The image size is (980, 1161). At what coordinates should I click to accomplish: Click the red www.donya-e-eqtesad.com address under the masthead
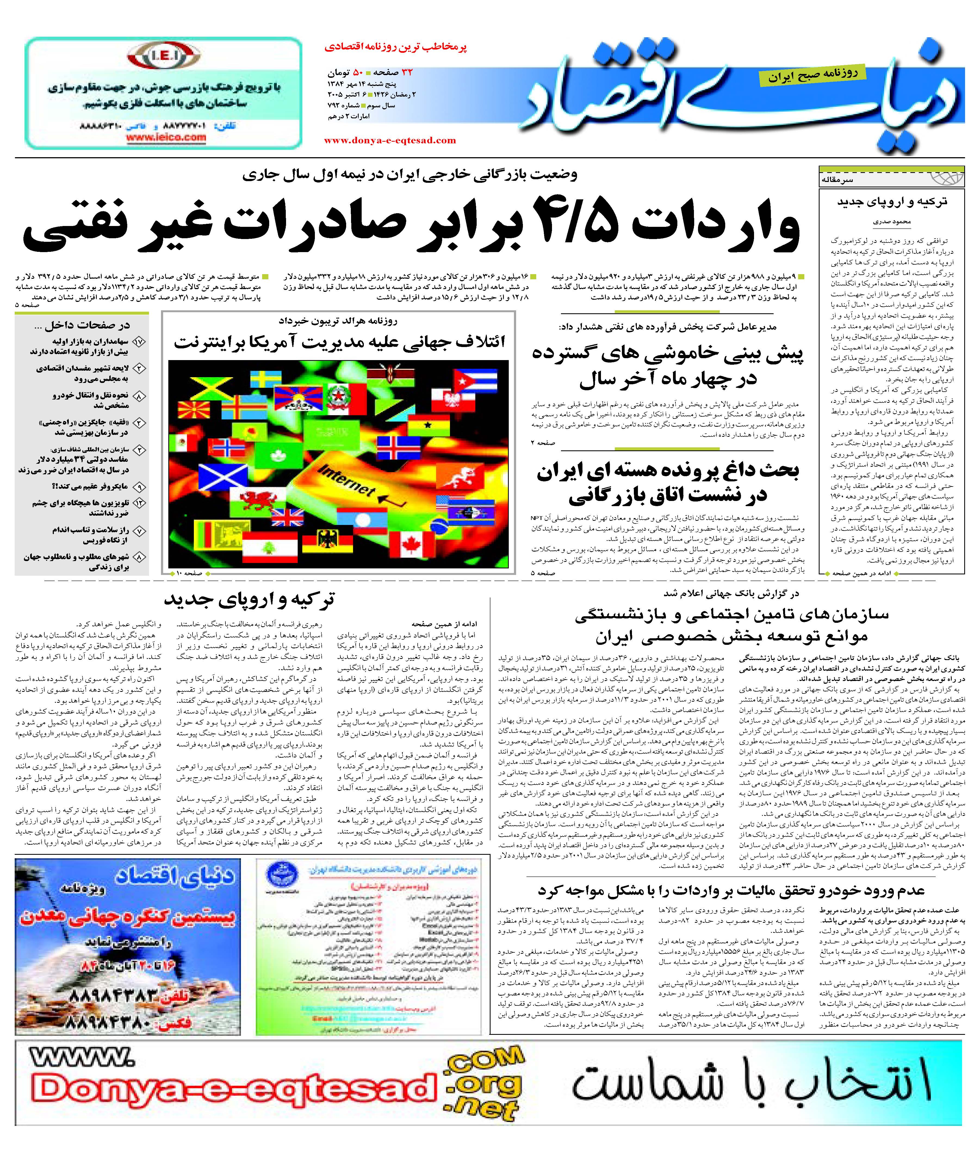coord(390,141)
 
